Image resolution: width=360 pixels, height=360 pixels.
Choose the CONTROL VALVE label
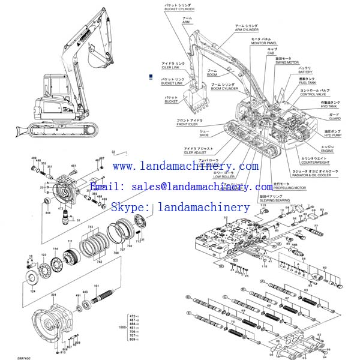tap(316, 94)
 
